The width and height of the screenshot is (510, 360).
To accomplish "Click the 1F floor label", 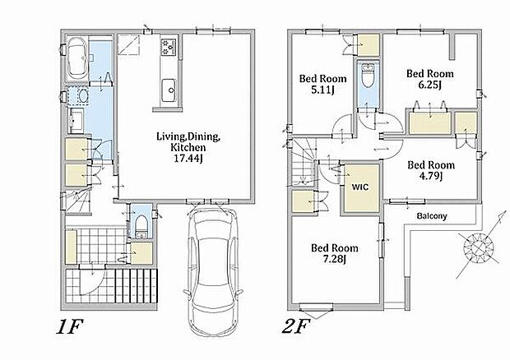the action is (70, 326).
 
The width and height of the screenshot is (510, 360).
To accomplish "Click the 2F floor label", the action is (295, 326).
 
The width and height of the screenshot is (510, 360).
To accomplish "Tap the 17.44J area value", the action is (188, 159).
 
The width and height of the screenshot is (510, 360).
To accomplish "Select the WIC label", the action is (360, 187).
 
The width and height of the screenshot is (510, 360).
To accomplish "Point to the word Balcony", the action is (432, 216).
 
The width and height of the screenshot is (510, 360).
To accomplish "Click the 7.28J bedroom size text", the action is (334, 260).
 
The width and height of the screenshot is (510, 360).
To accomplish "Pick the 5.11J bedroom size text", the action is (322, 90).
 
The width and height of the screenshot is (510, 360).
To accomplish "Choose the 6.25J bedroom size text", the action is (430, 85).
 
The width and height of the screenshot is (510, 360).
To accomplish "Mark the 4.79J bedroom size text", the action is (431, 176).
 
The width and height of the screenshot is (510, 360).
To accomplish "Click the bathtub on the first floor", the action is (77, 58).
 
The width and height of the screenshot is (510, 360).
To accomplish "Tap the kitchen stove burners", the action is (169, 47).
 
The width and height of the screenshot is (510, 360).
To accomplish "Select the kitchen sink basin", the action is (169, 90).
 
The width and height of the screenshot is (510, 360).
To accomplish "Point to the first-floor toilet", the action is (141, 226).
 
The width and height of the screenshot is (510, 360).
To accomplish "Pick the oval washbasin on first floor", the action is (83, 96).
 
